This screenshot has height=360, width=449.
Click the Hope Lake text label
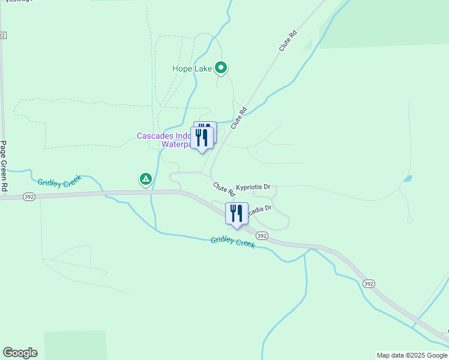pyautogui.click(x=192, y=69)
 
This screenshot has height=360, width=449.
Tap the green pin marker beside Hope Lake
pyautogui.click(x=221, y=68)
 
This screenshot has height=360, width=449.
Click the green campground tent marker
pyautogui.click(x=145, y=179)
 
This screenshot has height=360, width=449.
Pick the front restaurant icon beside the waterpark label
pyautogui.click(x=201, y=137)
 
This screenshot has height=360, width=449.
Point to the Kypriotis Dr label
pyautogui.click(x=253, y=187)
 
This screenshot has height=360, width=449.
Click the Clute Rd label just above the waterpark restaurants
pyautogui.click(x=239, y=118)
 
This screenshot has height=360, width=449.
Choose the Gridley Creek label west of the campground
pyautogui.click(x=59, y=182)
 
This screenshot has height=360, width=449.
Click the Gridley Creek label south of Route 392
pyautogui.click(x=233, y=242)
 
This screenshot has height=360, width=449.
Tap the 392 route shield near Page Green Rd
pyautogui.click(x=29, y=196)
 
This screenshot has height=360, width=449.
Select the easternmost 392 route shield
pyautogui.click(x=369, y=283)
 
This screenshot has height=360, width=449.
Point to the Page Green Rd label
pyautogui.click(x=4, y=166)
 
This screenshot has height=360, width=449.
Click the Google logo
pyautogui.click(x=20, y=353)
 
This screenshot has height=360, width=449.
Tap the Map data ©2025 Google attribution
pyautogui.click(x=412, y=355)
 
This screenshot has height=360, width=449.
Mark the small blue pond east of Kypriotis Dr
pyautogui.click(x=408, y=179)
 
